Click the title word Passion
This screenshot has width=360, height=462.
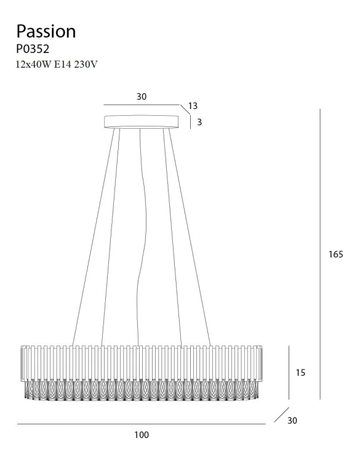46,32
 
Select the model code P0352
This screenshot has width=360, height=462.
33,49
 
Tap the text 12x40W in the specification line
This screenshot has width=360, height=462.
34,65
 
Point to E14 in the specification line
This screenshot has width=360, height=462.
63,65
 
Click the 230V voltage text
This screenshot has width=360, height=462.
86,65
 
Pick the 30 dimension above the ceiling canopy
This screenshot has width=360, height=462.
142,97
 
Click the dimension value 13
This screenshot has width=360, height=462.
193,106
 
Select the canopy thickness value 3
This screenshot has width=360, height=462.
199,122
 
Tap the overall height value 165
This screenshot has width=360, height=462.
336,254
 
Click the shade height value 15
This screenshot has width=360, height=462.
300,373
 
